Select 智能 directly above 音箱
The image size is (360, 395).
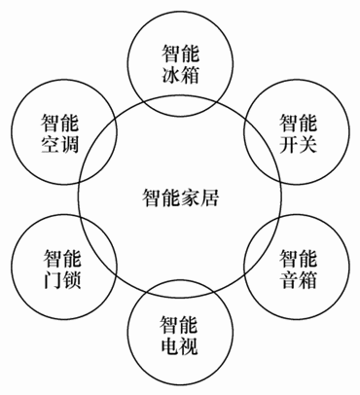point(298,259)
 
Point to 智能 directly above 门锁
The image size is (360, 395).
point(60,258)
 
